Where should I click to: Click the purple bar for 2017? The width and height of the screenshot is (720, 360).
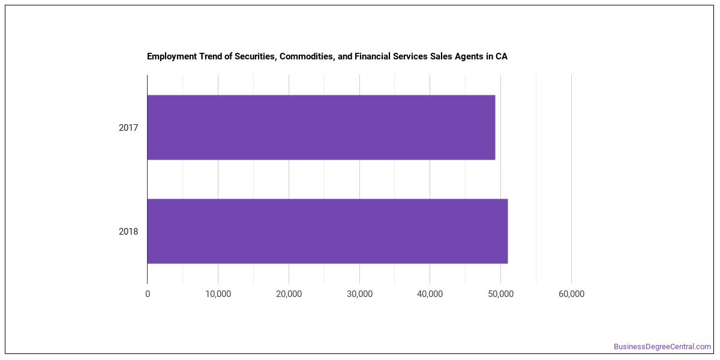[321, 127]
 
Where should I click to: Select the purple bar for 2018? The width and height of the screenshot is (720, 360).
[328, 231]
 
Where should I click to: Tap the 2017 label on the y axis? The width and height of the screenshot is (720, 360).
[128, 128]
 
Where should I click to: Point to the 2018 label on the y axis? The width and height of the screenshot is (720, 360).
[128, 232]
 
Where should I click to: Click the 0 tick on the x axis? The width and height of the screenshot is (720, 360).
[148, 294]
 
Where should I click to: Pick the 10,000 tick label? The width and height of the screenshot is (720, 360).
[218, 294]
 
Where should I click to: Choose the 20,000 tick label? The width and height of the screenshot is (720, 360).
[289, 294]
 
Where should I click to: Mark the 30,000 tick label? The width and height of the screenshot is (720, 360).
[359, 294]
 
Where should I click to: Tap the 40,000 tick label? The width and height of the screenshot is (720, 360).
[430, 294]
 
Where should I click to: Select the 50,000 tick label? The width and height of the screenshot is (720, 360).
[501, 294]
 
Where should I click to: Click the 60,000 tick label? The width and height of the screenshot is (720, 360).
[571, 294]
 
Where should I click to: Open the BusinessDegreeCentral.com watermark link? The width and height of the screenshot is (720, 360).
[662, 347]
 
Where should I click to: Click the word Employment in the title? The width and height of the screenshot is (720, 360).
[172, 56]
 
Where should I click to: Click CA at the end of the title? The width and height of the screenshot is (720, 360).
[502, 56]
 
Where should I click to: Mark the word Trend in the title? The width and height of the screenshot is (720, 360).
[211, 56]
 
